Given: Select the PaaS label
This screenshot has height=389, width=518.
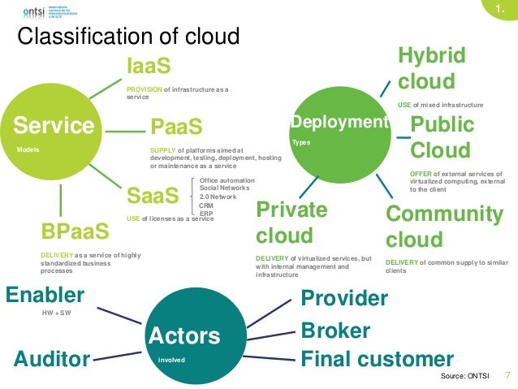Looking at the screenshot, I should tap(176, 128).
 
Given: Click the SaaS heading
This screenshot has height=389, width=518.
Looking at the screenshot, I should tap(152, 197).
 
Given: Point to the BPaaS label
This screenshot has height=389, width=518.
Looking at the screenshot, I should tap(75, 231).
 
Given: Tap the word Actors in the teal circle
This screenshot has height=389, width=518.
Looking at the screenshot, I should tap(184, 335).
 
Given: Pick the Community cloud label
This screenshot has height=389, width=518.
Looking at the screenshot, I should tap(443, 227).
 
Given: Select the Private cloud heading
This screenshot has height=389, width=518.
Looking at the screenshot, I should tap(291, 223).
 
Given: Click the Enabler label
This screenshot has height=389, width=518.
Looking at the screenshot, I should tap(45, 294).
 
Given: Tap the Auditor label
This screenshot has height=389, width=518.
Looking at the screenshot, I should tap(52, 358).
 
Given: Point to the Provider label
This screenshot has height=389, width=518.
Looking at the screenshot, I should tap(344, 299).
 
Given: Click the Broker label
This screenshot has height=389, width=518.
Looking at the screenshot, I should tap(335, 331).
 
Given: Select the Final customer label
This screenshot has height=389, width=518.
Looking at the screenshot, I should tap(377, 359).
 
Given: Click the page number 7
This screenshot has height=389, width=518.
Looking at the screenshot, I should tap(507, 375).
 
